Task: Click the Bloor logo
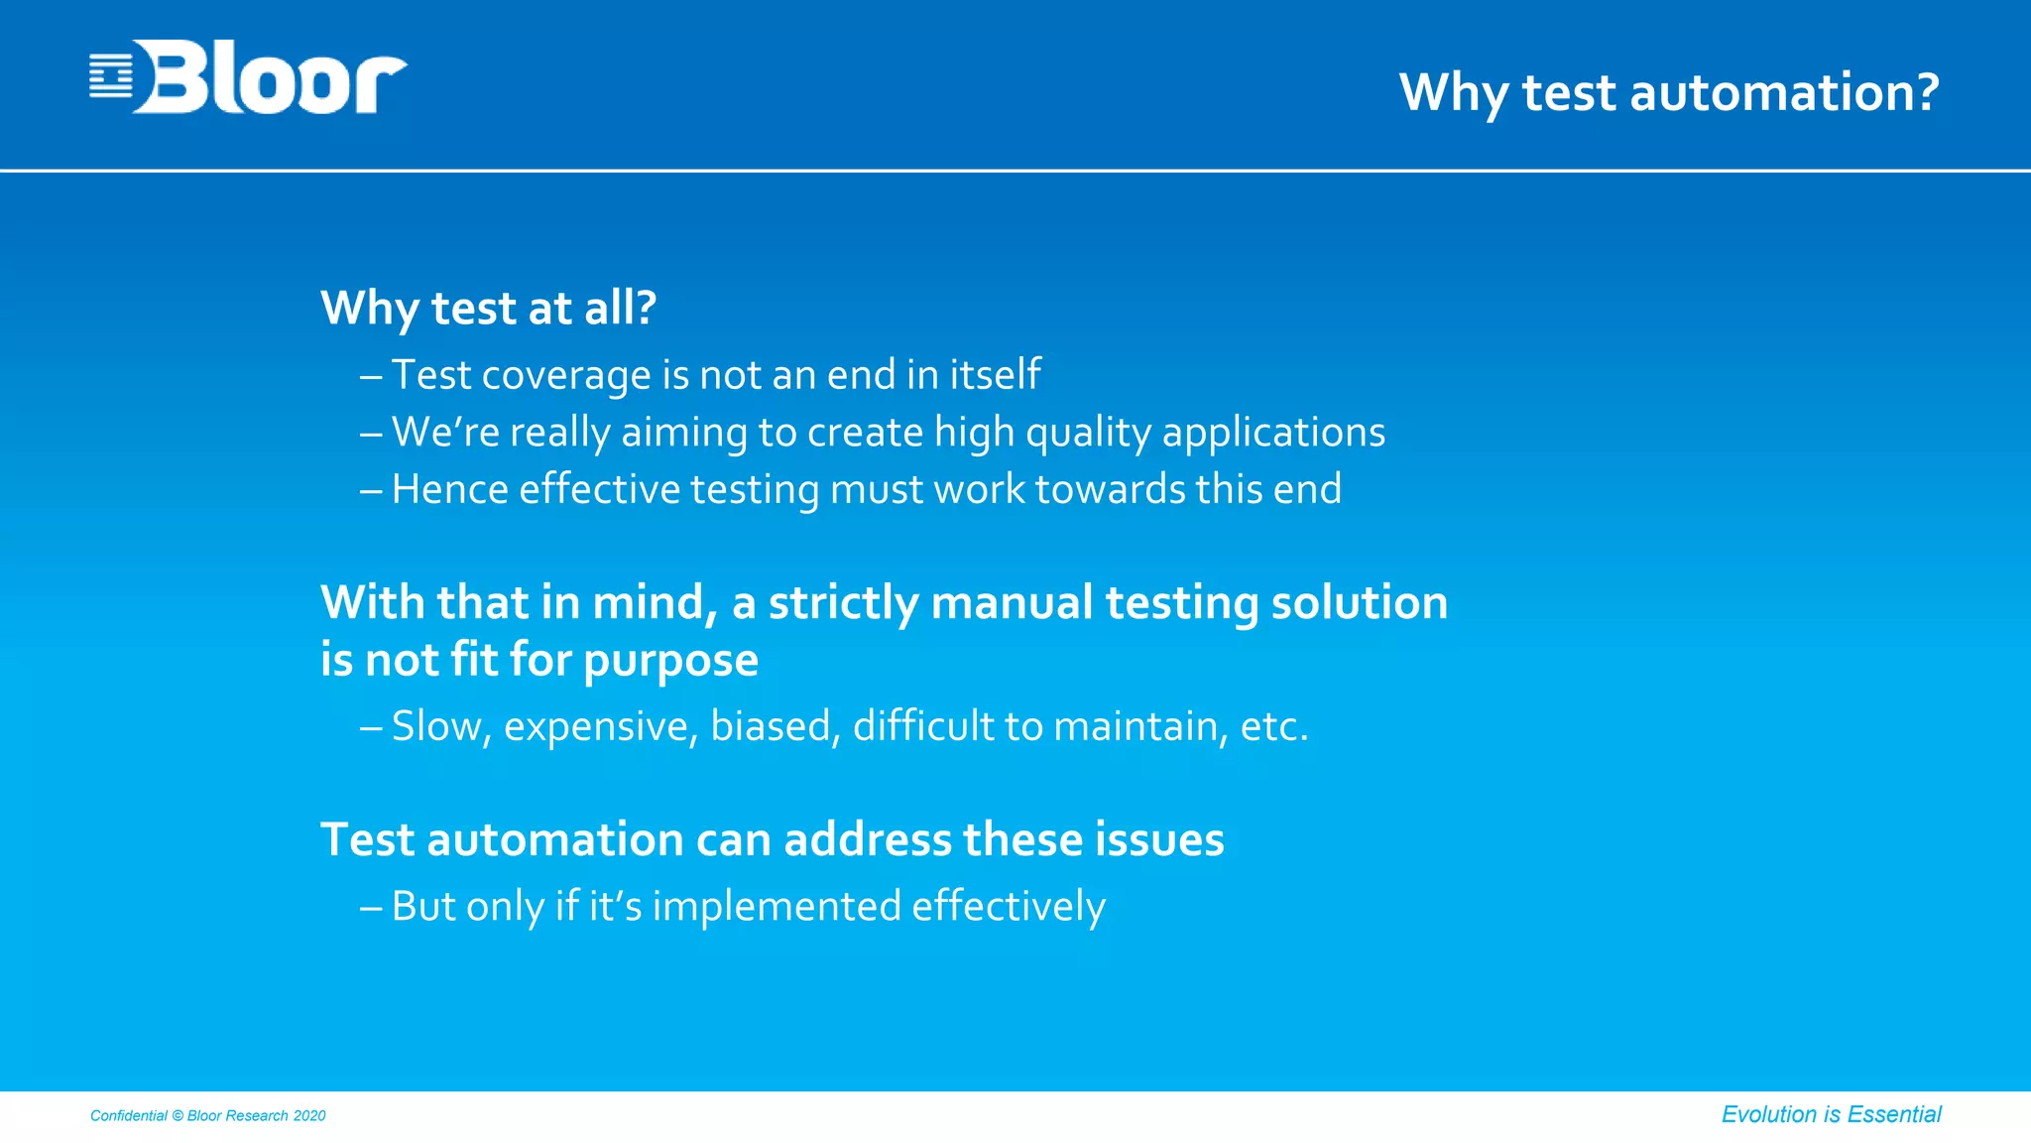click(248, 77)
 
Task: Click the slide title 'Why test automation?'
click(1668, 92)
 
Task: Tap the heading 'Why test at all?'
click(488, 308)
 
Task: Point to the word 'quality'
click(1088, 433)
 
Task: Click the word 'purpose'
click(670, 661)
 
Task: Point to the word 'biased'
click(776, 726)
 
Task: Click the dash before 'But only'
click(371, 906)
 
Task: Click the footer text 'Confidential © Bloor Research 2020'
click(208, 1115)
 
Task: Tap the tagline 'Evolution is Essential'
click(1831, 1114)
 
